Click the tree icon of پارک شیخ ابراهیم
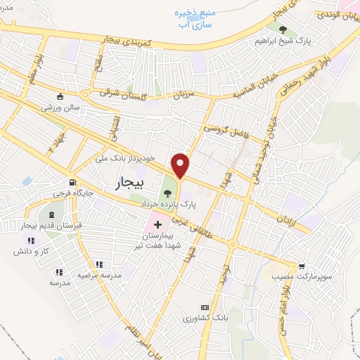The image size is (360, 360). click(x=283, y=30)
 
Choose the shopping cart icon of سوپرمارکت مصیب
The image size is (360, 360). click(x=302, y=266)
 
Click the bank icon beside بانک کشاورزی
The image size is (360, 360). click(x=205, y=307)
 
